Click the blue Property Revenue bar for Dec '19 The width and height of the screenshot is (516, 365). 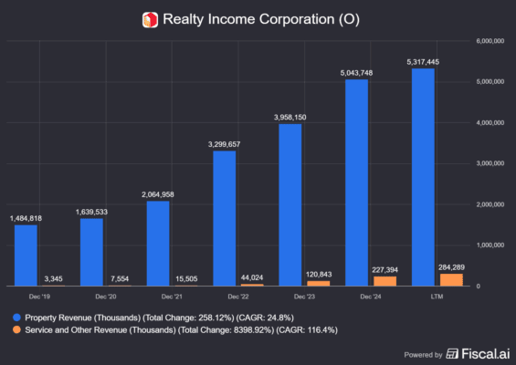pyautogui.click(x=26, y=255)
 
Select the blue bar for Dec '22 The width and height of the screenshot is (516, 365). pyautogui.click(x=225, y=218)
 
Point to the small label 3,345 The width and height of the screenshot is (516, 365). pyautogui.click(x=52, y=277)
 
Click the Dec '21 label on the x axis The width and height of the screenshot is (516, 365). pyautogui.click(x=171, y=297)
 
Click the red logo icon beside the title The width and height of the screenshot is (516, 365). pyautogui.click(x=150, y=19)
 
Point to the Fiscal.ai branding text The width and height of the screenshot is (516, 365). pyautogui.click(x=477, y=352)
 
